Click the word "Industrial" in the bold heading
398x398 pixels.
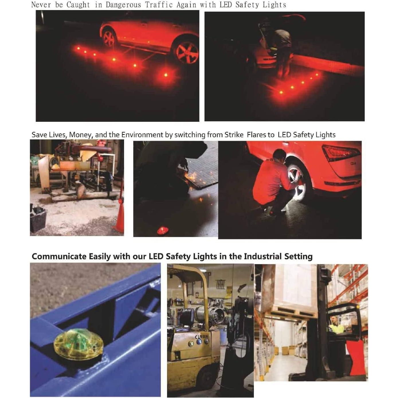(x=262, y=256)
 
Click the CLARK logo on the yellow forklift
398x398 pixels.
(x=201, y=337)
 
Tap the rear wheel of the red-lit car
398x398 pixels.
(x=109, y=38)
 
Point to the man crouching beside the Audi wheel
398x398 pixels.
(x=272, y=183)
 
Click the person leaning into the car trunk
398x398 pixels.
(x=281, y=46)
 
